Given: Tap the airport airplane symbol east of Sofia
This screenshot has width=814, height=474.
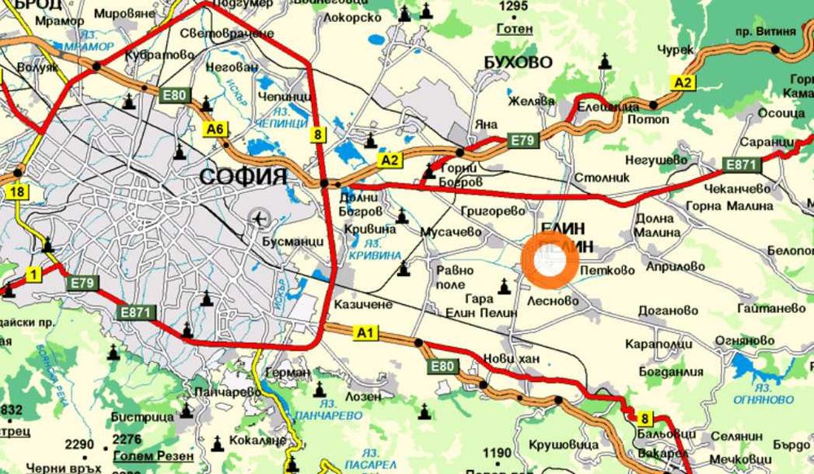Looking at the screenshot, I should point(260,218).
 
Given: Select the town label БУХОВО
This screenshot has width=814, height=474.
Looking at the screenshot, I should point(518,63).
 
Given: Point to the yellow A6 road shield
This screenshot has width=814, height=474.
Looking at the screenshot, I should point(214,129).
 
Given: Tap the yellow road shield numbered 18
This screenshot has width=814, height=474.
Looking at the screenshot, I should point(15,191).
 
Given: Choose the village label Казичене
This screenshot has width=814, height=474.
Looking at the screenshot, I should point(364,304).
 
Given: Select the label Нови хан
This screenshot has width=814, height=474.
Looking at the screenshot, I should point(511,358).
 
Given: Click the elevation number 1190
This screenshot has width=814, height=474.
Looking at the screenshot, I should point(497,453).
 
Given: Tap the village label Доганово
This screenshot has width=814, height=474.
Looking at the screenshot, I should point(667,310).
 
